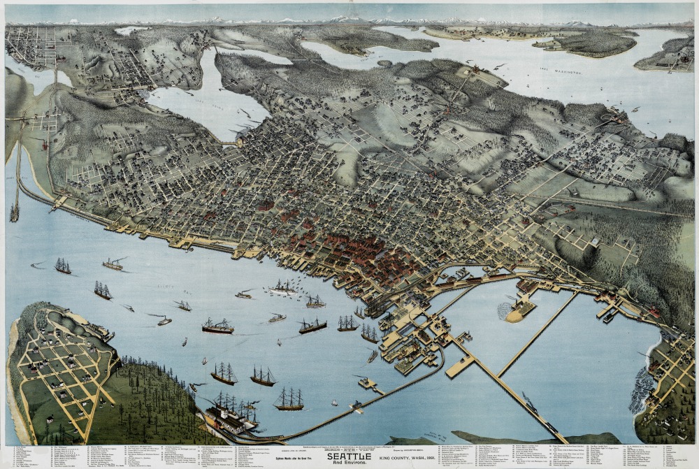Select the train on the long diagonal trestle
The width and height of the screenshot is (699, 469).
point(531,404)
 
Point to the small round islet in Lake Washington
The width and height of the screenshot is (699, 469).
point(384,63)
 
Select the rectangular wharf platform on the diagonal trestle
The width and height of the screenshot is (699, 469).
point(460,366)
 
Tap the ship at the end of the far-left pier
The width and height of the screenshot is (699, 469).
point(14,212)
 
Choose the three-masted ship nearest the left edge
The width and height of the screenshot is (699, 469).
point(63,266)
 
